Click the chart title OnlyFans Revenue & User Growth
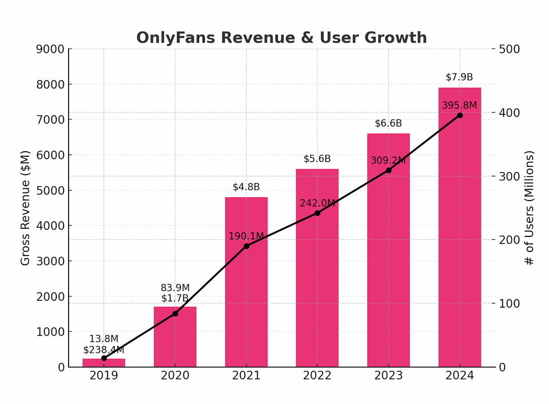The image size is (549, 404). click(x=281, y=38)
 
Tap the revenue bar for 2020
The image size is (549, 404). click(x=175, y=341)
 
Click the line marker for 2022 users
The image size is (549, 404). click(x=317, y=213)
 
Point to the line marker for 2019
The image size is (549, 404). click(x=104, y=358)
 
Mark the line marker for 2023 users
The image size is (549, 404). click(x=388, y=170)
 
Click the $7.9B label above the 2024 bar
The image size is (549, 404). click(x=459, y=77)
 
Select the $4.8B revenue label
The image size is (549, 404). click(x=246, y=187)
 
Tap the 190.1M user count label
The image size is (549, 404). click(x=246, y=236)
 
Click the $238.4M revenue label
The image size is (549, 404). click(x=104, y=350)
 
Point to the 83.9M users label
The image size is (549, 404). click(x=175, y=288)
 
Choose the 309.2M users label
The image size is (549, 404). click(x=388, y=160)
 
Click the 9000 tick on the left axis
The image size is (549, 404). click(x=50, y=49)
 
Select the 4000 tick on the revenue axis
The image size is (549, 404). click(x=50, y=226)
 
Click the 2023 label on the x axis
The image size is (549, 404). click(x=388, y=376)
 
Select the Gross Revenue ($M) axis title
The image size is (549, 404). click(x=25, y=208)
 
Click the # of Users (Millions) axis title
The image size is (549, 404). click(x=530, y=208)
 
